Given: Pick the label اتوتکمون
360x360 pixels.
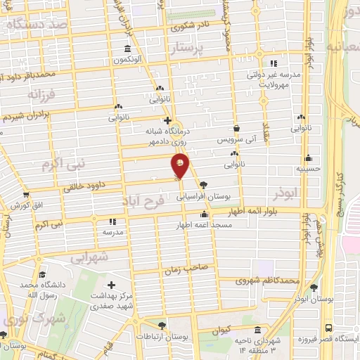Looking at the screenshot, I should (127, 60).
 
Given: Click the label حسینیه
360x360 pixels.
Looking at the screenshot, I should (308, 169).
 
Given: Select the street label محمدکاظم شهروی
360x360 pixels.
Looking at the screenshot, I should (270, 281).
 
